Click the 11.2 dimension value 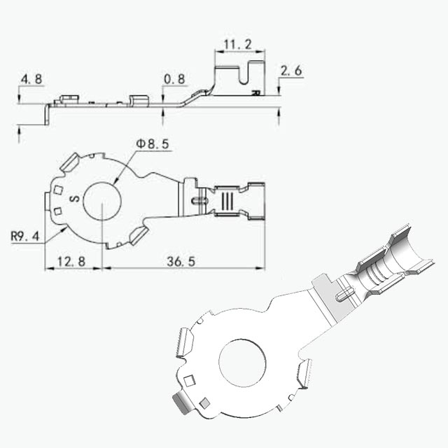click(238, 45)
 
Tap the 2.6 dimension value click(291, 71)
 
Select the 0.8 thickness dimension click(174, 79)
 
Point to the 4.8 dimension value click(31, 79)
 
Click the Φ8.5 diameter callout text click(153, 144)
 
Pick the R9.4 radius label click(25, 237)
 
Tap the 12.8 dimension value click(71, 261)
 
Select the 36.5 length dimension click(181, 261)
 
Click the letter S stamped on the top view click(75, 198)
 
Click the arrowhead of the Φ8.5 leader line click(115, 181)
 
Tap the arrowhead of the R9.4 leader click(64, 229)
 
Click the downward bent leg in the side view click(47, 114)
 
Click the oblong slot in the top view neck click(199, 201)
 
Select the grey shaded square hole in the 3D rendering click(205, 403)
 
